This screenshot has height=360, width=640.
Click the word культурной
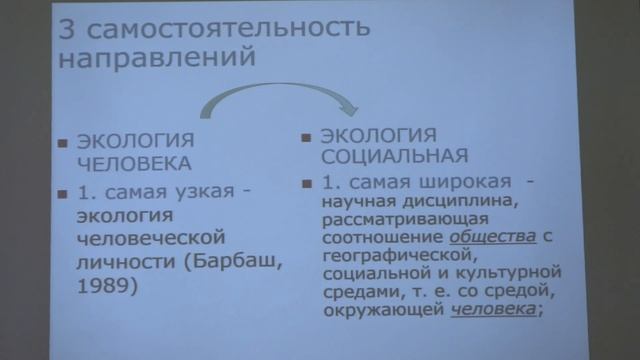[509, 273]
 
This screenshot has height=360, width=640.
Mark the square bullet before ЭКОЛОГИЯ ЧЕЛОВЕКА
[62, 140]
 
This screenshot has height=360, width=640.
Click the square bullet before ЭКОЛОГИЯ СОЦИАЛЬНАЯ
[307, 134]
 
